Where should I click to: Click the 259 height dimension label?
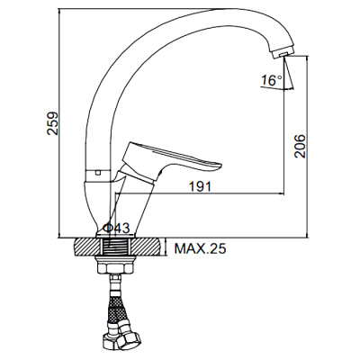coord(52,124)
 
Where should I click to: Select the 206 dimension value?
coord(300,146)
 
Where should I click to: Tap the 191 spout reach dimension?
coord(200,186)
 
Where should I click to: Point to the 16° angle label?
coord(272,80)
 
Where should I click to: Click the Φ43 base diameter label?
coord(116,229)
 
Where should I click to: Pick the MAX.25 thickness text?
coord(200,248)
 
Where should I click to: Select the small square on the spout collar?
coord(96,173)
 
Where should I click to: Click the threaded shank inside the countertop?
coord(115,247)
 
